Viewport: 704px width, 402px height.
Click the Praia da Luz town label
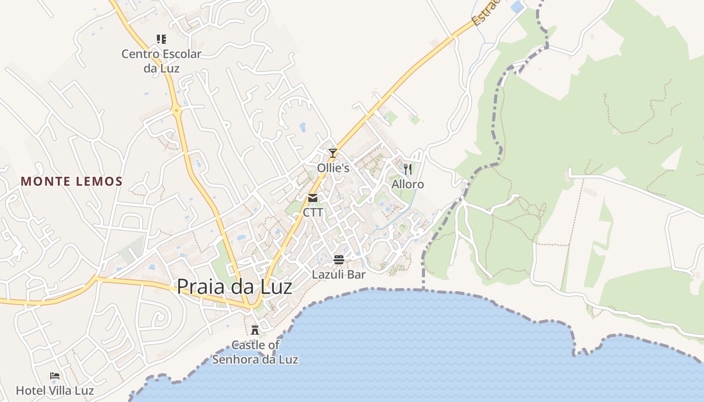(x=234, y=286)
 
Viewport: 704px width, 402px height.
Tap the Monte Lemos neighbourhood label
(x=72, y=181)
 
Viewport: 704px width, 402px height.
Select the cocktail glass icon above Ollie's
(x=332, y=153)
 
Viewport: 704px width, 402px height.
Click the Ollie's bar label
(x=333, y=168)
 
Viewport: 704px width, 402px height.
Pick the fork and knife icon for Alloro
(x=408, y=169)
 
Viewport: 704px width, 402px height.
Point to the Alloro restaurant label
(x=408, y=184)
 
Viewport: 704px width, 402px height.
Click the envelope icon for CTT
(x=313, y=198)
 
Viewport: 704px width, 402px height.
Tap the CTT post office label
(x=313, y=213)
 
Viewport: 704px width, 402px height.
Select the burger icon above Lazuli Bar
(x=339, y=260)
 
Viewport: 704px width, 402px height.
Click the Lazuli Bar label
(x=338, y=275)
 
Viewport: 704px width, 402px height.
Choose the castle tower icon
(x=255, y=330)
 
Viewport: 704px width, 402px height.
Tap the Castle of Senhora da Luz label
(x=255, y=352)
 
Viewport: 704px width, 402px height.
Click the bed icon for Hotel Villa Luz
(x=55, y=375)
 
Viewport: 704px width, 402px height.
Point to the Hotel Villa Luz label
(x=55, y=390)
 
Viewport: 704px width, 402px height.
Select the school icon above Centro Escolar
(x=161, y=39)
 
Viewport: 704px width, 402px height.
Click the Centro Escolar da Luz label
(x=161, y=61)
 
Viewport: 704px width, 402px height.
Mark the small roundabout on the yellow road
(x=176, y=109)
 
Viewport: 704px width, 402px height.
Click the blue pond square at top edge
(x=516, y=7)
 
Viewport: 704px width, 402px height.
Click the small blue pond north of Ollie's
(x=303, y=127)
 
